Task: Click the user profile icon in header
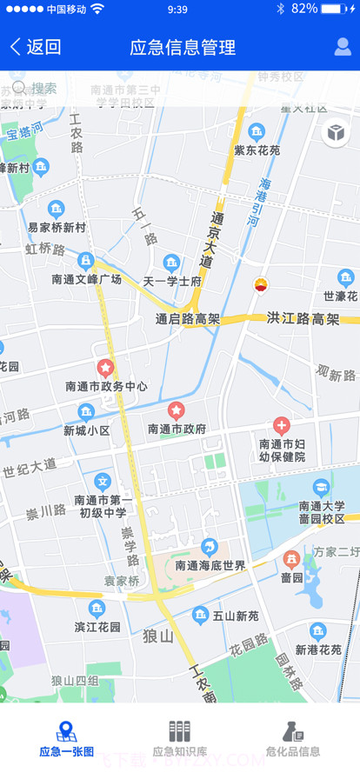(343, 47)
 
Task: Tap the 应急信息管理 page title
(183, 47)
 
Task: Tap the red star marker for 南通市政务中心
(106, 369)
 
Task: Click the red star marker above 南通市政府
(176, 409)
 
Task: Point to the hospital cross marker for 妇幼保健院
(282, 425)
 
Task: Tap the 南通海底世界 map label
(210, 566)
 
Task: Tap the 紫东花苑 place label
(257, 150)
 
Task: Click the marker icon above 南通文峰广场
(86, 260)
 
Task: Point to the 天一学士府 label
(172, 282)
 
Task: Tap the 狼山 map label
(159, 636)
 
